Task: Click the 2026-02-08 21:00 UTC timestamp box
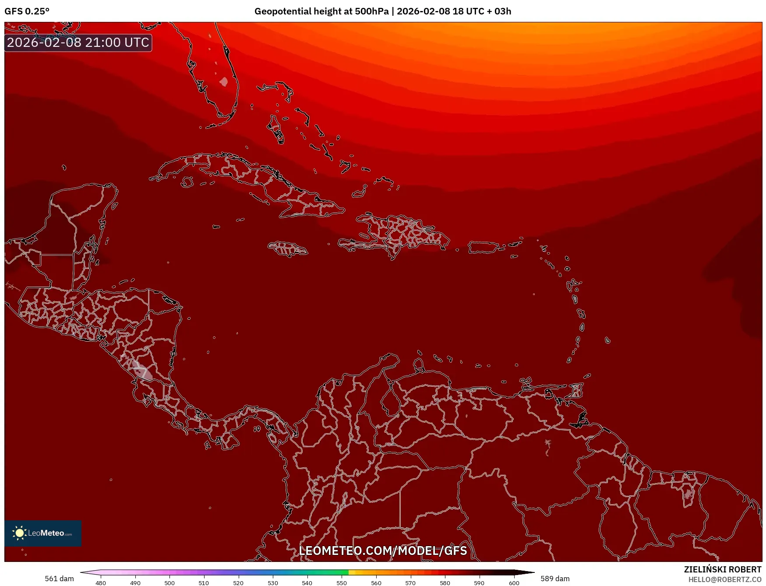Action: click(x=78, y=42)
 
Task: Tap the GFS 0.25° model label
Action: click(x=27, y=11)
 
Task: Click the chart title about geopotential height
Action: click(x=382, y=11)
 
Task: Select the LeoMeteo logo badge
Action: click(x=43, y=533)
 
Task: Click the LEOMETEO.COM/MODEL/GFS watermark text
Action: click(x=383, y=551)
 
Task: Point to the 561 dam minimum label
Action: click(x=59, y=579)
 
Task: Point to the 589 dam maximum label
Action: click(x=555, y=579)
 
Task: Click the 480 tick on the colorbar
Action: click(x=101, y=583)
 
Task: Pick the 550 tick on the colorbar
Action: click(x=342, y=583)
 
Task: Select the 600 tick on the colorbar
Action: click(x=514, y=583)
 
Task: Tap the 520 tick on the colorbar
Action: click(x=238, y=583)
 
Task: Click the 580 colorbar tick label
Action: click(x=445, y=583)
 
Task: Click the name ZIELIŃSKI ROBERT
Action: click(x=723, y=569)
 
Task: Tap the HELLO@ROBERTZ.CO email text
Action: click(x=725, y=579)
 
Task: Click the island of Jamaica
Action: click(x=288, y=249)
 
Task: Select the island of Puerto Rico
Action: click(x=484, y=247)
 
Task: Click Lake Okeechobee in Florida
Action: click(x=224, y=82)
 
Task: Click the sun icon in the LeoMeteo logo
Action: click(x=19, y=533)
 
